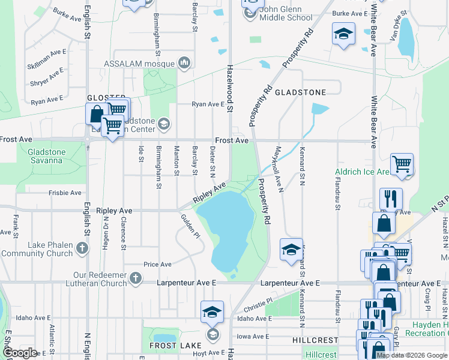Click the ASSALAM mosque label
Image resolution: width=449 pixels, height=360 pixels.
[x=139, y=63]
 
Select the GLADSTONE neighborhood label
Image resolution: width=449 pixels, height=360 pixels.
[x=300, y=92]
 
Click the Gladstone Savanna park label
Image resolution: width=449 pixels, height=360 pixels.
[x=45, y=156]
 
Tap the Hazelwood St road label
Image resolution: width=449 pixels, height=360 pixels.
[x=229, y=85]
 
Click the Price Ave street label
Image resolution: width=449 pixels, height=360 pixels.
[x=157, y=264]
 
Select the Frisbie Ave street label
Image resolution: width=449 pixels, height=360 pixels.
[x=65, y=193]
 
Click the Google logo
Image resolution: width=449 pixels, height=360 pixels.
[x=20, y=353]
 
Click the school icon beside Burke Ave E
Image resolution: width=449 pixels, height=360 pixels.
[x=343, y=34]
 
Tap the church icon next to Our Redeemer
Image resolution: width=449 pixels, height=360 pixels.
[x=136, y=278]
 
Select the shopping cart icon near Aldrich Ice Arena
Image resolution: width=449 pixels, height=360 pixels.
[x=402, y=163]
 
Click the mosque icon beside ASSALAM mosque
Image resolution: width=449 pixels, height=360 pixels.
[x=184, y=62]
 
